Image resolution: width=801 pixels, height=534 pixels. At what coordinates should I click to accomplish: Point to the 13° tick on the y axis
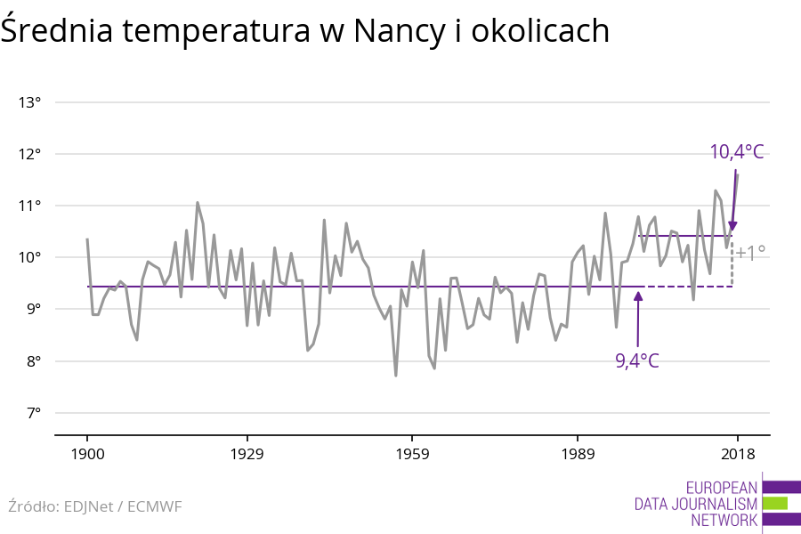30,102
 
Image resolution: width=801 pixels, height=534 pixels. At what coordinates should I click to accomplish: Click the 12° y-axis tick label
30,154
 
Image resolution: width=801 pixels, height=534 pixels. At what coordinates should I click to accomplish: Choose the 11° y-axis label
30,206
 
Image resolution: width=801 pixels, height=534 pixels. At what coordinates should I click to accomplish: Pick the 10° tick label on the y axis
30,257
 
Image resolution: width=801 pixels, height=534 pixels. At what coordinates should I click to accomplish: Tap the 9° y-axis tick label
32,309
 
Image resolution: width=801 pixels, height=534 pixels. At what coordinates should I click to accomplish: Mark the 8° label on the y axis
32,361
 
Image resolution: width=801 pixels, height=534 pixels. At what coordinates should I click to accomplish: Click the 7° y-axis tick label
32,413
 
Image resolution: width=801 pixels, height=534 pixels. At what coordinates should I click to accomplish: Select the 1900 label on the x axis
87,454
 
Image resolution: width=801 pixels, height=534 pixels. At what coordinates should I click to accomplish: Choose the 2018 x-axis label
737,454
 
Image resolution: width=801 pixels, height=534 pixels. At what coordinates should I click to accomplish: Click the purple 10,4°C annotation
736,152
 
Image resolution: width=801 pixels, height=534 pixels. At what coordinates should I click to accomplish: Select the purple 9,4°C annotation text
637,360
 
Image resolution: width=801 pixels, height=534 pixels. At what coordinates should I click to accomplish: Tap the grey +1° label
750,253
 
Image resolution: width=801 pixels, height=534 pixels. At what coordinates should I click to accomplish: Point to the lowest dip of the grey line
395,376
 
